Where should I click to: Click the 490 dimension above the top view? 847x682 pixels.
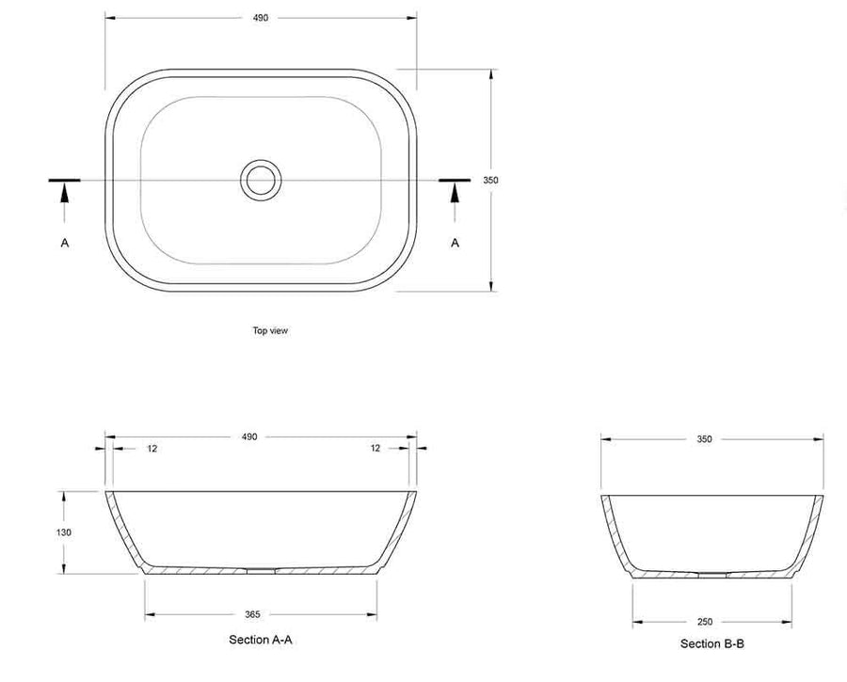click(x=261, y=18)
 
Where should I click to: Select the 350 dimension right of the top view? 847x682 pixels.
click(x=490, y=181)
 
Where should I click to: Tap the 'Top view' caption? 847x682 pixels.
click(x=270, y=330)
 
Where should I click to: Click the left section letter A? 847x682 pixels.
click(x=65, y=243)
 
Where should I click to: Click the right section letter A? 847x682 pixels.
click(x=455, y=243)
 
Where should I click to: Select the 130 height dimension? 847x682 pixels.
click(x=64, y=532)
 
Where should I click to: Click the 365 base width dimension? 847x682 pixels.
click(x=252, y=614)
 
